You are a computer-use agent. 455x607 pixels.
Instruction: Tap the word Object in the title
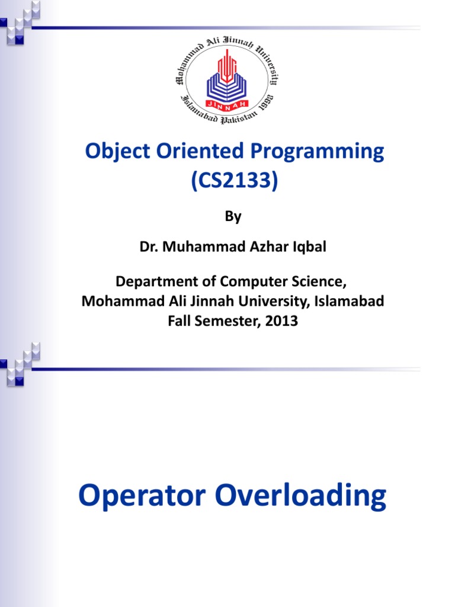(115, 152)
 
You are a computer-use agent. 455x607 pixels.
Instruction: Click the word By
(233, 217)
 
